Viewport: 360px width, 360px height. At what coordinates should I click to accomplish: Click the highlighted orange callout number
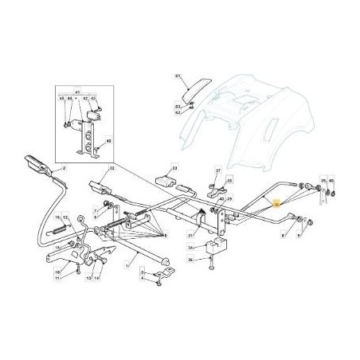[x=276, y=205]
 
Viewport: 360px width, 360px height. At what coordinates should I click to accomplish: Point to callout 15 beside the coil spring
[x=57, y=217]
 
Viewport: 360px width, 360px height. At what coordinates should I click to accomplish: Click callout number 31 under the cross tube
[x=191, y=236]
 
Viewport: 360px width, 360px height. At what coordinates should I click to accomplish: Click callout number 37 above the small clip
[x=217, y=170]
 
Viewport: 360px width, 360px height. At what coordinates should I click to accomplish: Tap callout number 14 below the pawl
[x=98, y=280]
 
